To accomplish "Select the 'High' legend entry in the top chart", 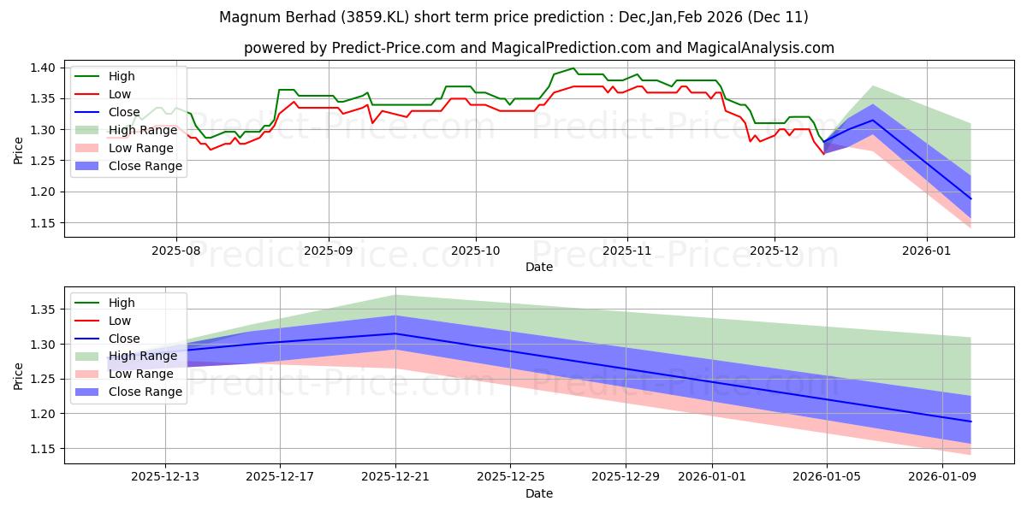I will click(121, 76).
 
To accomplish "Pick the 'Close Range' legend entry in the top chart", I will click(145, 166).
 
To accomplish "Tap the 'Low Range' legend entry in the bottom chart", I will click(142, 374).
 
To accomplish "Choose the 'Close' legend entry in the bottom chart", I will click(124, 339).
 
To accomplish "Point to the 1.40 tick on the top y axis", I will click(43, 68).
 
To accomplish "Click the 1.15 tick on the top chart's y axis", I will click(43, 223).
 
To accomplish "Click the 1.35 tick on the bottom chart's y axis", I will click(43, 310).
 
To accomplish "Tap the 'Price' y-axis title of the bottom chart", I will click(19, 374).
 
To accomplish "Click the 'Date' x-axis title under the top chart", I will click(539, 268).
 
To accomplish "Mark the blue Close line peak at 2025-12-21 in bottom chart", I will click(395, 333).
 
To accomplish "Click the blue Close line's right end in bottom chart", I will click(971, 422).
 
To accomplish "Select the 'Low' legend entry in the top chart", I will click(120, 94).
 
